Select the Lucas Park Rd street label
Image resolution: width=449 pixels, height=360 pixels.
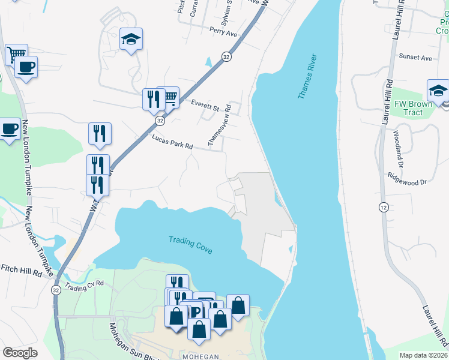pos(172,142)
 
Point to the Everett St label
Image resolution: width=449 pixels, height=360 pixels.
pos(205,106)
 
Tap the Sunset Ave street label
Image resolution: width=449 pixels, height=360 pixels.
pos(415,58)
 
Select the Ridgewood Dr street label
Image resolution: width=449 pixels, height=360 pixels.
pos(407,178)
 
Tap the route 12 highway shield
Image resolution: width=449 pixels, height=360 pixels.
pos(382,206)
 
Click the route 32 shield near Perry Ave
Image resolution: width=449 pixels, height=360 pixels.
pos(226,56)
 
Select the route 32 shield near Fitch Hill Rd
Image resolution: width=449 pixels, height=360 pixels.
pos(55,290)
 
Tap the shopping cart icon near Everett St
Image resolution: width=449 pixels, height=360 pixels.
pos(170,97)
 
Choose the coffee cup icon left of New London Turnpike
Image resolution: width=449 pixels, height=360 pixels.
pos(9,129)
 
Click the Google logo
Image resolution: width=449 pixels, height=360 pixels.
pos(20,352)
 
